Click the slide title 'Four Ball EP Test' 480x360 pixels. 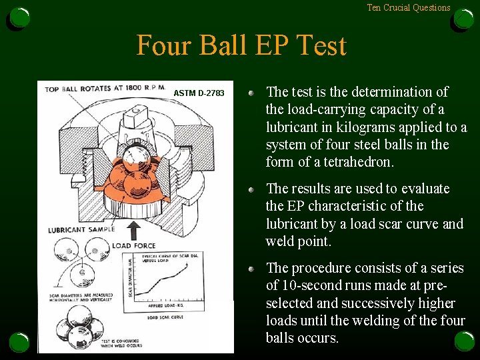point(241,46)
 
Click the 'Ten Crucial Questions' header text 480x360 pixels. point(409,8)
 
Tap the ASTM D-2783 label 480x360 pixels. point(199,93)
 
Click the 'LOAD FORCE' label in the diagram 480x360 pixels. point(134,246)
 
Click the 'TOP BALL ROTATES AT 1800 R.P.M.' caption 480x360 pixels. point(105,87)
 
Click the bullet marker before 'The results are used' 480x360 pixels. point(252,190)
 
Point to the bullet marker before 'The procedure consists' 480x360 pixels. point(252,269)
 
